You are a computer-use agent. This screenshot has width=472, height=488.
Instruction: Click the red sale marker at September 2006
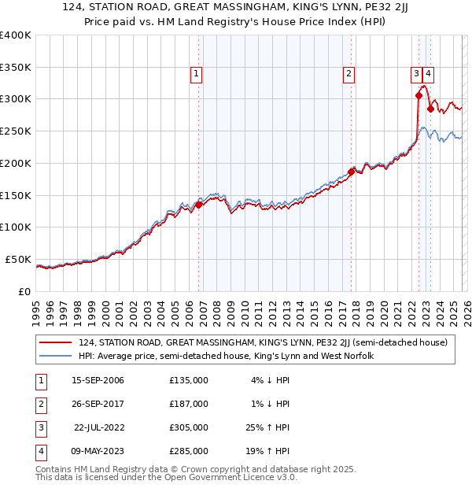(198, 205)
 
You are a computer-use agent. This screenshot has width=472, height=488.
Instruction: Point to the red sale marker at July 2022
(419, 95)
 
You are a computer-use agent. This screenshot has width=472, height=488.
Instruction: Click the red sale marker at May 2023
(430, 109)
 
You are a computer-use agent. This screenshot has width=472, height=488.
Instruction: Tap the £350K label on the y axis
(16, 67)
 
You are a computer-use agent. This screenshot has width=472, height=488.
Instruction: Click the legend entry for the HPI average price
(226, 356)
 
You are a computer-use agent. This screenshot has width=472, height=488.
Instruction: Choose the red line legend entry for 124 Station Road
(263, 342)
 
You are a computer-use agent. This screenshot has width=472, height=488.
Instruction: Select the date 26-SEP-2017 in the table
(98, 404)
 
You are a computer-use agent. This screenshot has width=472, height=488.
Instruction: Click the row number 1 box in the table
(39, 380)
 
